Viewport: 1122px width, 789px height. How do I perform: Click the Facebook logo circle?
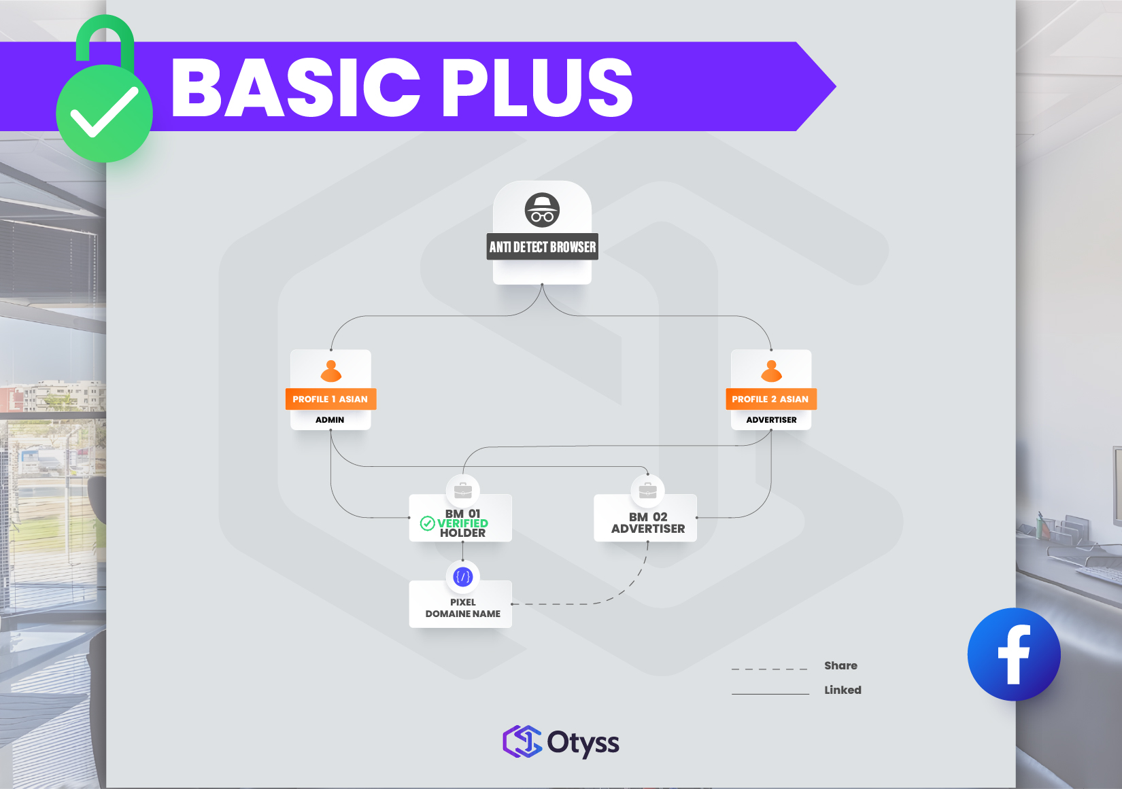point(1013,654)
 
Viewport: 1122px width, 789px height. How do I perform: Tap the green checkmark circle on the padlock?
point(104,113)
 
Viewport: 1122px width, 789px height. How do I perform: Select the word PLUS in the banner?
point(538,87)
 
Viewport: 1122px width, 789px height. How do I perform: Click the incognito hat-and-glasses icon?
point(542,209)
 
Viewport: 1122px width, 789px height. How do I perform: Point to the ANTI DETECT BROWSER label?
point(542,247)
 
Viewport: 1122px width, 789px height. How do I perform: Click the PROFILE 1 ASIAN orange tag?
point(330,399)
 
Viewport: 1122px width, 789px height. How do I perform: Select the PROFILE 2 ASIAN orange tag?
point(770,399)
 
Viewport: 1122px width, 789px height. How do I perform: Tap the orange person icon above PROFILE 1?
point(331,371)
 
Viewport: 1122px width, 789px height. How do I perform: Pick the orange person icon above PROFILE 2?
point(771,371)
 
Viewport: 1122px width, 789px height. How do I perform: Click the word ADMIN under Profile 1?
point(330,420)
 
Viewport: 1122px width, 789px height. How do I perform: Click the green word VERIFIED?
point(462,523)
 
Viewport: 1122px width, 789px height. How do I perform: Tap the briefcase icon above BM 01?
point(463,490)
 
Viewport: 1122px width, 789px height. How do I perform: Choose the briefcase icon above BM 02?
point(647,490)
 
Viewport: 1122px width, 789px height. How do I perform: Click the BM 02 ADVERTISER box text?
point(648,523)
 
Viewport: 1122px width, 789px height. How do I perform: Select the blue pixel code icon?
point(463,577)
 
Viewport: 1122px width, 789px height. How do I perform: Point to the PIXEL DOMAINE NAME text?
point(463,608)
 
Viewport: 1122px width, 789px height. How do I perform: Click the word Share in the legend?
point(840,666)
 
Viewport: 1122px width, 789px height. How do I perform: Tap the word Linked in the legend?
point(843,690)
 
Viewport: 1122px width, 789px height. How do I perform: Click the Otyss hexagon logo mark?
point(522,741)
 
